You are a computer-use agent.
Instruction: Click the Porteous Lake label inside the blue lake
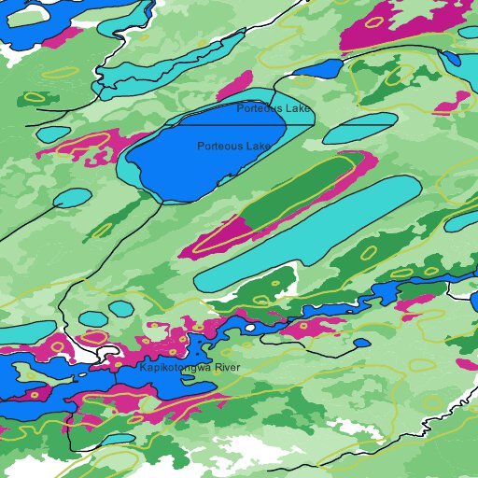[233, 147]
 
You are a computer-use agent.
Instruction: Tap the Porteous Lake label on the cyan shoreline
[274, 109]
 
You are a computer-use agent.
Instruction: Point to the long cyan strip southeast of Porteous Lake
[308, 233]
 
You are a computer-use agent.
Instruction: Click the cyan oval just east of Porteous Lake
[355, 132]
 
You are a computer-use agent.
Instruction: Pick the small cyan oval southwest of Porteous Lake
[72, 197]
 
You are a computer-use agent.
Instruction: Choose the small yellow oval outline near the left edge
[35, 97]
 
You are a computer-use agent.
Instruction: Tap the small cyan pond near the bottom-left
[117, 439]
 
